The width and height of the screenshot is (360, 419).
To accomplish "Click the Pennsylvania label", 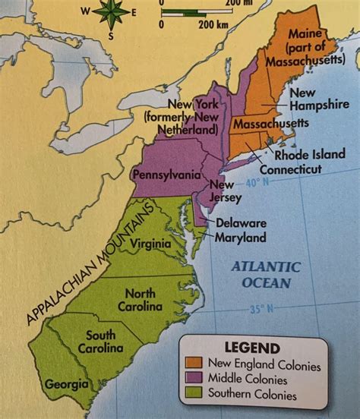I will [x=167, y=175].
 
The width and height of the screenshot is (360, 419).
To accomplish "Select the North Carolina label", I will [x=139, y=300].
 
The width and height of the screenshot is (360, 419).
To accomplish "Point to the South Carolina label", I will [x=103, y=342].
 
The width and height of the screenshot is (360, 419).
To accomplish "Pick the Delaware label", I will [x=241, y=223].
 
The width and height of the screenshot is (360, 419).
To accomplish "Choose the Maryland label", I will [x=240, y=238].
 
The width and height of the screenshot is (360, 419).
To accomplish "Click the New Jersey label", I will [x=225, y=191].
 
